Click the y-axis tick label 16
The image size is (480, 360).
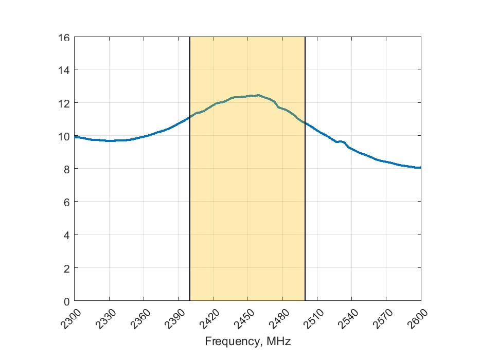click(x=63, y=37)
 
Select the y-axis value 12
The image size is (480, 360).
click(x=63, y=103)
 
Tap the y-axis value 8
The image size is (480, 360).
click(x=65, y=169)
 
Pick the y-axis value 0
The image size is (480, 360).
click(x=65, y=301)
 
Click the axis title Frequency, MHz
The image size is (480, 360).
click(x=247, y=341)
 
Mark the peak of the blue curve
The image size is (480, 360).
click(x=257, y=95)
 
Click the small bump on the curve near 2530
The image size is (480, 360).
click(x=340, y=141)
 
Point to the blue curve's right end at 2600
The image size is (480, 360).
click(x=420, y=168)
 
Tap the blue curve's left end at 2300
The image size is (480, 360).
click(x=76, y=137)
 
